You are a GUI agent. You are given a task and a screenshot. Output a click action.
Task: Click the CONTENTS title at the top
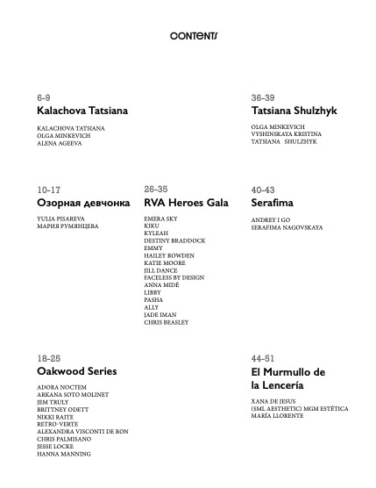194,36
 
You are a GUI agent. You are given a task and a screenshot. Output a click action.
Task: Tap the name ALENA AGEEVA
60,143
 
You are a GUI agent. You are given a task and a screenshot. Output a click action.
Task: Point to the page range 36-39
263,97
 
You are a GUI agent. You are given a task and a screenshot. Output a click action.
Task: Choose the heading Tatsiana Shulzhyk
294,111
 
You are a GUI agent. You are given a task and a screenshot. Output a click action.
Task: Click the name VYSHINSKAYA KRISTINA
286,134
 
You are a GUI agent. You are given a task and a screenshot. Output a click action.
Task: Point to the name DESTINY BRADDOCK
175,240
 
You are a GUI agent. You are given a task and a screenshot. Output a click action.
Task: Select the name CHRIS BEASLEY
166,323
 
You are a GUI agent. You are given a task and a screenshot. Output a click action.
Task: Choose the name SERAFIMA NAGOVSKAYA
287,227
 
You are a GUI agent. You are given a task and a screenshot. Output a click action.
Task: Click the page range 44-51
263,359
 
